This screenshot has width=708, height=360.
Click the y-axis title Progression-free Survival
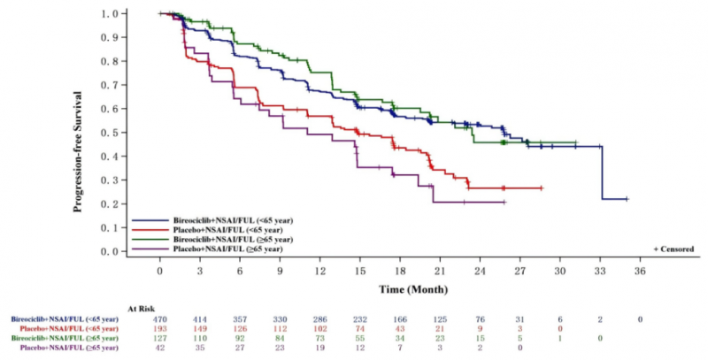tap(79, 133)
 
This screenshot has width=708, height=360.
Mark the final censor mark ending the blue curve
tap(626, 199)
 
